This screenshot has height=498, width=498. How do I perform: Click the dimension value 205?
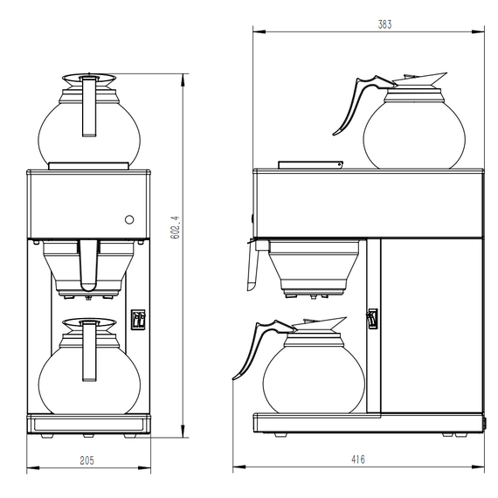tap(87, 459)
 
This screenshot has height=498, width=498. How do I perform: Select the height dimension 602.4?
tap(175, 229)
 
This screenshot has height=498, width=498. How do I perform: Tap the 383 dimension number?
tap(384, 24)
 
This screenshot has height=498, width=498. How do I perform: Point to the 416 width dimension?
tap(358, 459)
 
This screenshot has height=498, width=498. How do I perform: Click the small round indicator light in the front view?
tap(129, 219)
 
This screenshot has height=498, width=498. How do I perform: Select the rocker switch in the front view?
tap(135, 321)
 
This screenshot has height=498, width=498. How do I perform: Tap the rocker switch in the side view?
tap(371, 321)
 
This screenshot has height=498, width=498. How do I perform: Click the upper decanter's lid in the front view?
tap(89, 79)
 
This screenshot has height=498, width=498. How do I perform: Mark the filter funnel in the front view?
tap(89, 266)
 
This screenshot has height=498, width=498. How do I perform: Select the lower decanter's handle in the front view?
tap(88, 354)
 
